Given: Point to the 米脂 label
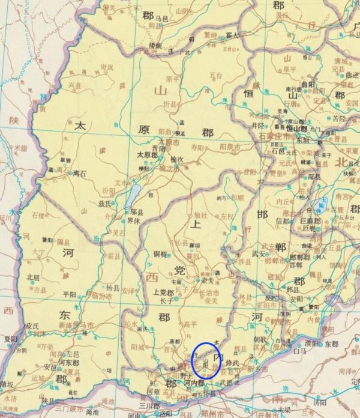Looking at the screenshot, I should coord(22,147).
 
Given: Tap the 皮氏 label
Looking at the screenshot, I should coord(32,327).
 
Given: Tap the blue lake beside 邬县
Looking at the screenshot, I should coord(135,192).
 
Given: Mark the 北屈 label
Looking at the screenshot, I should coord(34,277).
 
